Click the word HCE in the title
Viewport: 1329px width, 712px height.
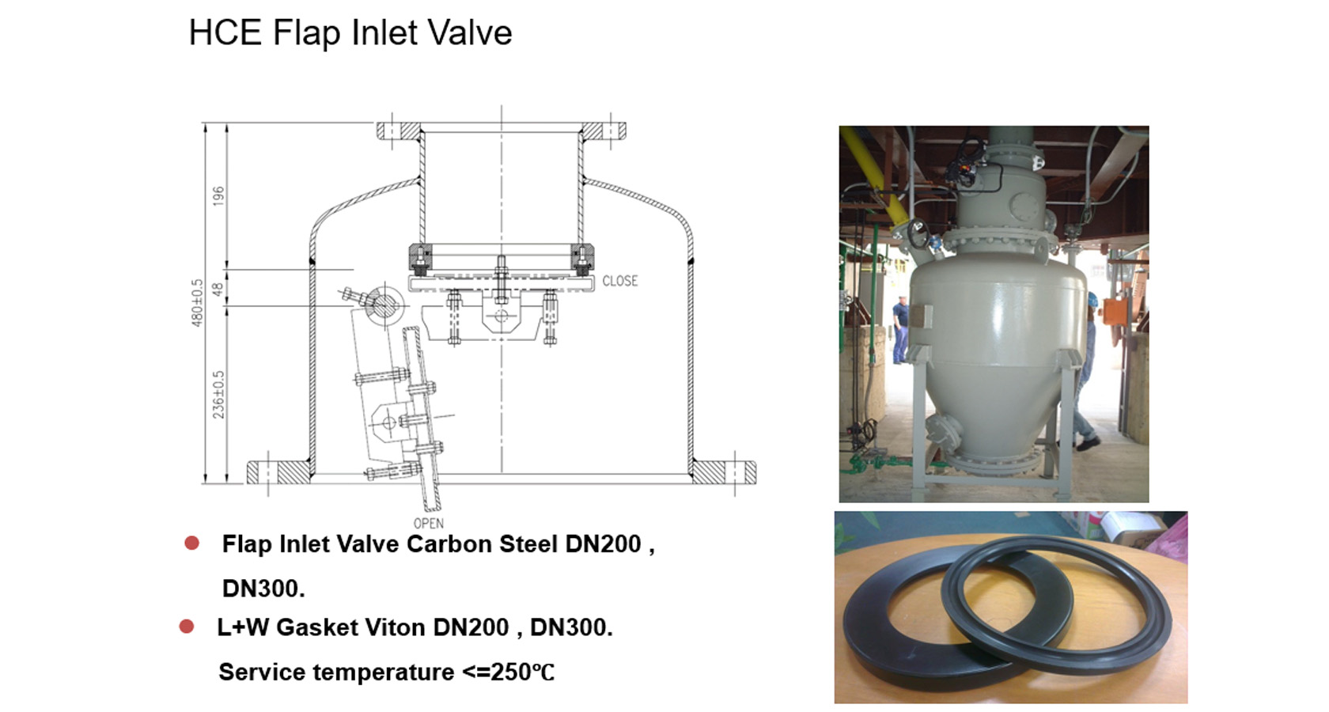(225, 32)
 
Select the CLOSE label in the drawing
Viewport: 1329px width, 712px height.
(620, 281)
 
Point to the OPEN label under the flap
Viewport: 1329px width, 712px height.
(429, 524)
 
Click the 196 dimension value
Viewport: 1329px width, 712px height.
(219, 196)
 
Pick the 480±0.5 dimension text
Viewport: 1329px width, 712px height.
(197, 302)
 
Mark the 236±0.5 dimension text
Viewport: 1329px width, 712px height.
(219, 395)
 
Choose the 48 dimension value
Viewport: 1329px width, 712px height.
(218, 289)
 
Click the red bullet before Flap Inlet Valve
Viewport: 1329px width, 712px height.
(191, 543)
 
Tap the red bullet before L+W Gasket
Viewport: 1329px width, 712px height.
(187, 627)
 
